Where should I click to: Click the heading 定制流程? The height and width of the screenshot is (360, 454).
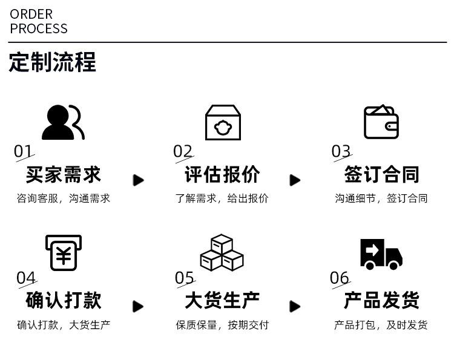(52, 62)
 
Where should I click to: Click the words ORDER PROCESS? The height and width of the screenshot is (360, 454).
(39, 21)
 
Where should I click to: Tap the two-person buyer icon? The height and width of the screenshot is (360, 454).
(62, 122)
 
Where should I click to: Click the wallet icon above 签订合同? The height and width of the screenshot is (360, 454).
(381, 122)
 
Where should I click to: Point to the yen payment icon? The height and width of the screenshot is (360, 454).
(63, 253)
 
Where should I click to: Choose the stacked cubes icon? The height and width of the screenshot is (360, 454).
(222, 253)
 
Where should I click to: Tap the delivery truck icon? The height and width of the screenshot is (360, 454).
(381, 254)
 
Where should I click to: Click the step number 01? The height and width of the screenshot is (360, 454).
(24, 151)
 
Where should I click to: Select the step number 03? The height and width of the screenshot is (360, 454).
(341, 151)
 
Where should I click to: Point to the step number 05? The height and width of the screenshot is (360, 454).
(185, 278)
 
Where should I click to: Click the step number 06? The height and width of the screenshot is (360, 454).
(340, 278)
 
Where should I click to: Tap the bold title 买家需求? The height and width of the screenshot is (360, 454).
(63, 175)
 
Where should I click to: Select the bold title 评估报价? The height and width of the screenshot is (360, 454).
(222, 175)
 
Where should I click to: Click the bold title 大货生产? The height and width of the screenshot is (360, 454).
(222, 300)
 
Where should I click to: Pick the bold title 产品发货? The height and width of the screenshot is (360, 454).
(381, 300)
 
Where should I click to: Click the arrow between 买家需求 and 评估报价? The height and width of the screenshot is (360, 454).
(139, 180)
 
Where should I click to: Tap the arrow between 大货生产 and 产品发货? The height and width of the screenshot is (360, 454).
(295, 306)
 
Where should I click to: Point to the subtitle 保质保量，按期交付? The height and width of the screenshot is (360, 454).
(222, 325)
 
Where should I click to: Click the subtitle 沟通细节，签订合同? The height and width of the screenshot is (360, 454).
(381, 198)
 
